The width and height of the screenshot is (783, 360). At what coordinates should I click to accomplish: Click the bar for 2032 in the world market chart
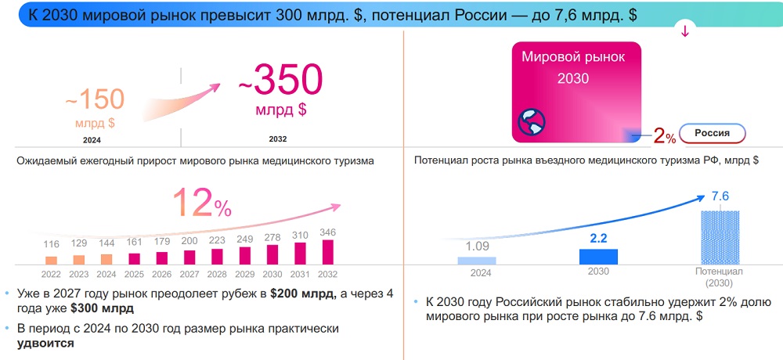coord(327,252)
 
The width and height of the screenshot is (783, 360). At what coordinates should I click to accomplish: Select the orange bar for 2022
coord(52,260)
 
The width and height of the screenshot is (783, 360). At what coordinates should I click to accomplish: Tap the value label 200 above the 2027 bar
coord(189,242)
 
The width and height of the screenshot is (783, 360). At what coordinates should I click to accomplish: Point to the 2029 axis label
coord(245,274)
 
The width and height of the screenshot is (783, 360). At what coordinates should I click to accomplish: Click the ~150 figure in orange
coord(94,99)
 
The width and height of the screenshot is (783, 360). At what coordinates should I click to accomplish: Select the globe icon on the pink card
coord(531,122)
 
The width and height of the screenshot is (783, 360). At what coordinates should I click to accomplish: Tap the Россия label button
coord(712,133)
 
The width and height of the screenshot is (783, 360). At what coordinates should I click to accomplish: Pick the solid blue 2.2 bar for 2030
coord(598,256)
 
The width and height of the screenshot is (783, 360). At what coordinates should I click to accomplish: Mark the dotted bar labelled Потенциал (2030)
coord(720,237)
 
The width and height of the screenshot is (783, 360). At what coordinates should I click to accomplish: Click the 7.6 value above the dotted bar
coord(720,196)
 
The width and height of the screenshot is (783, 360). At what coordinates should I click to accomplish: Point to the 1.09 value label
coord(477,247)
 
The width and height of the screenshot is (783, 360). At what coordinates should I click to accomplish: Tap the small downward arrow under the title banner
coord(685,32)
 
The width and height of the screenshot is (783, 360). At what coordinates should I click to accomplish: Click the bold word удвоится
coord(45,343)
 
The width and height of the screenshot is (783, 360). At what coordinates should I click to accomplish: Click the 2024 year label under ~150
coord(92,140)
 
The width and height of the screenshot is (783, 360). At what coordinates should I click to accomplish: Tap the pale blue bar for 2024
coord(477,261)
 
